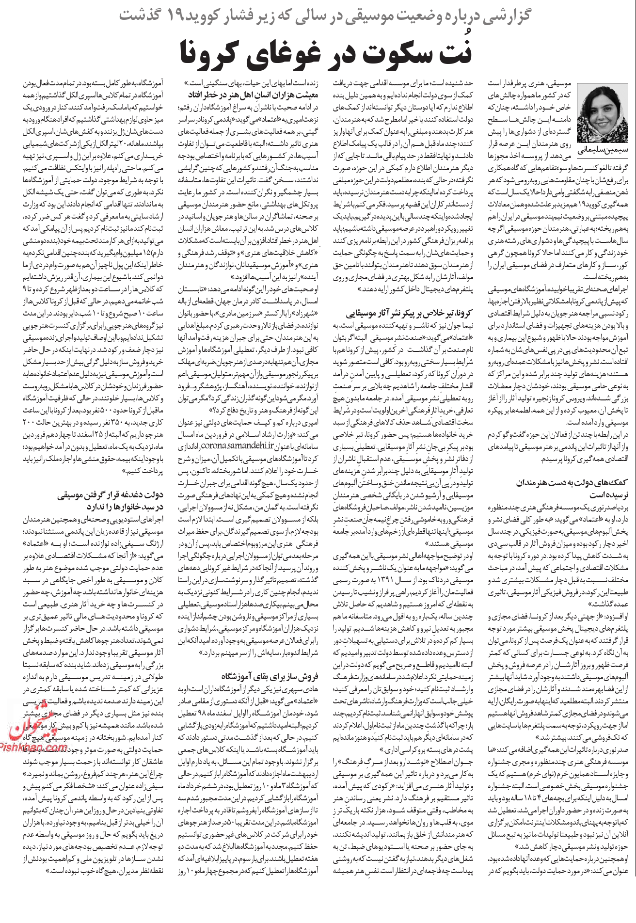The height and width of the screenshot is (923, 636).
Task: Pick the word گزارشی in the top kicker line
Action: click(x=507, y=16)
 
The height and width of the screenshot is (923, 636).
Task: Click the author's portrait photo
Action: click(x=600, y=112)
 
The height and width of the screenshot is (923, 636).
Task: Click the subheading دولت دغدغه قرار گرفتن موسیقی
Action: click(x=111, y=495)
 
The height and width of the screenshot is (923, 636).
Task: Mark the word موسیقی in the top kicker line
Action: click(x=373, y=16)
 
